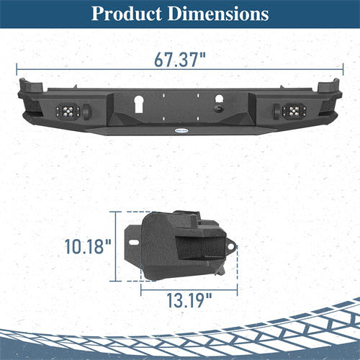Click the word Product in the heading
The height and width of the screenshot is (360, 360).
tap(127, 14)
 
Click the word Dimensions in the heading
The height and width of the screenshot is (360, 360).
tap(218, 14)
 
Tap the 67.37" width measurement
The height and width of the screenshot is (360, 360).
tap(180, 59)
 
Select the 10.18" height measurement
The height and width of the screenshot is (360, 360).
tap(88, 246)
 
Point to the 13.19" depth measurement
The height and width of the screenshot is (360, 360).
tap(189, 300)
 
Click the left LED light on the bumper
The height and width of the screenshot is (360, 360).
tap(68, 111)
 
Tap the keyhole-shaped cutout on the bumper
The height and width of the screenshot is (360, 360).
tap(139, 104)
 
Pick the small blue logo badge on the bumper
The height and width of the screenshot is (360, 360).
tap(181, 130)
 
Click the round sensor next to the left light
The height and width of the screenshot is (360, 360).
tap(86, 111)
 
